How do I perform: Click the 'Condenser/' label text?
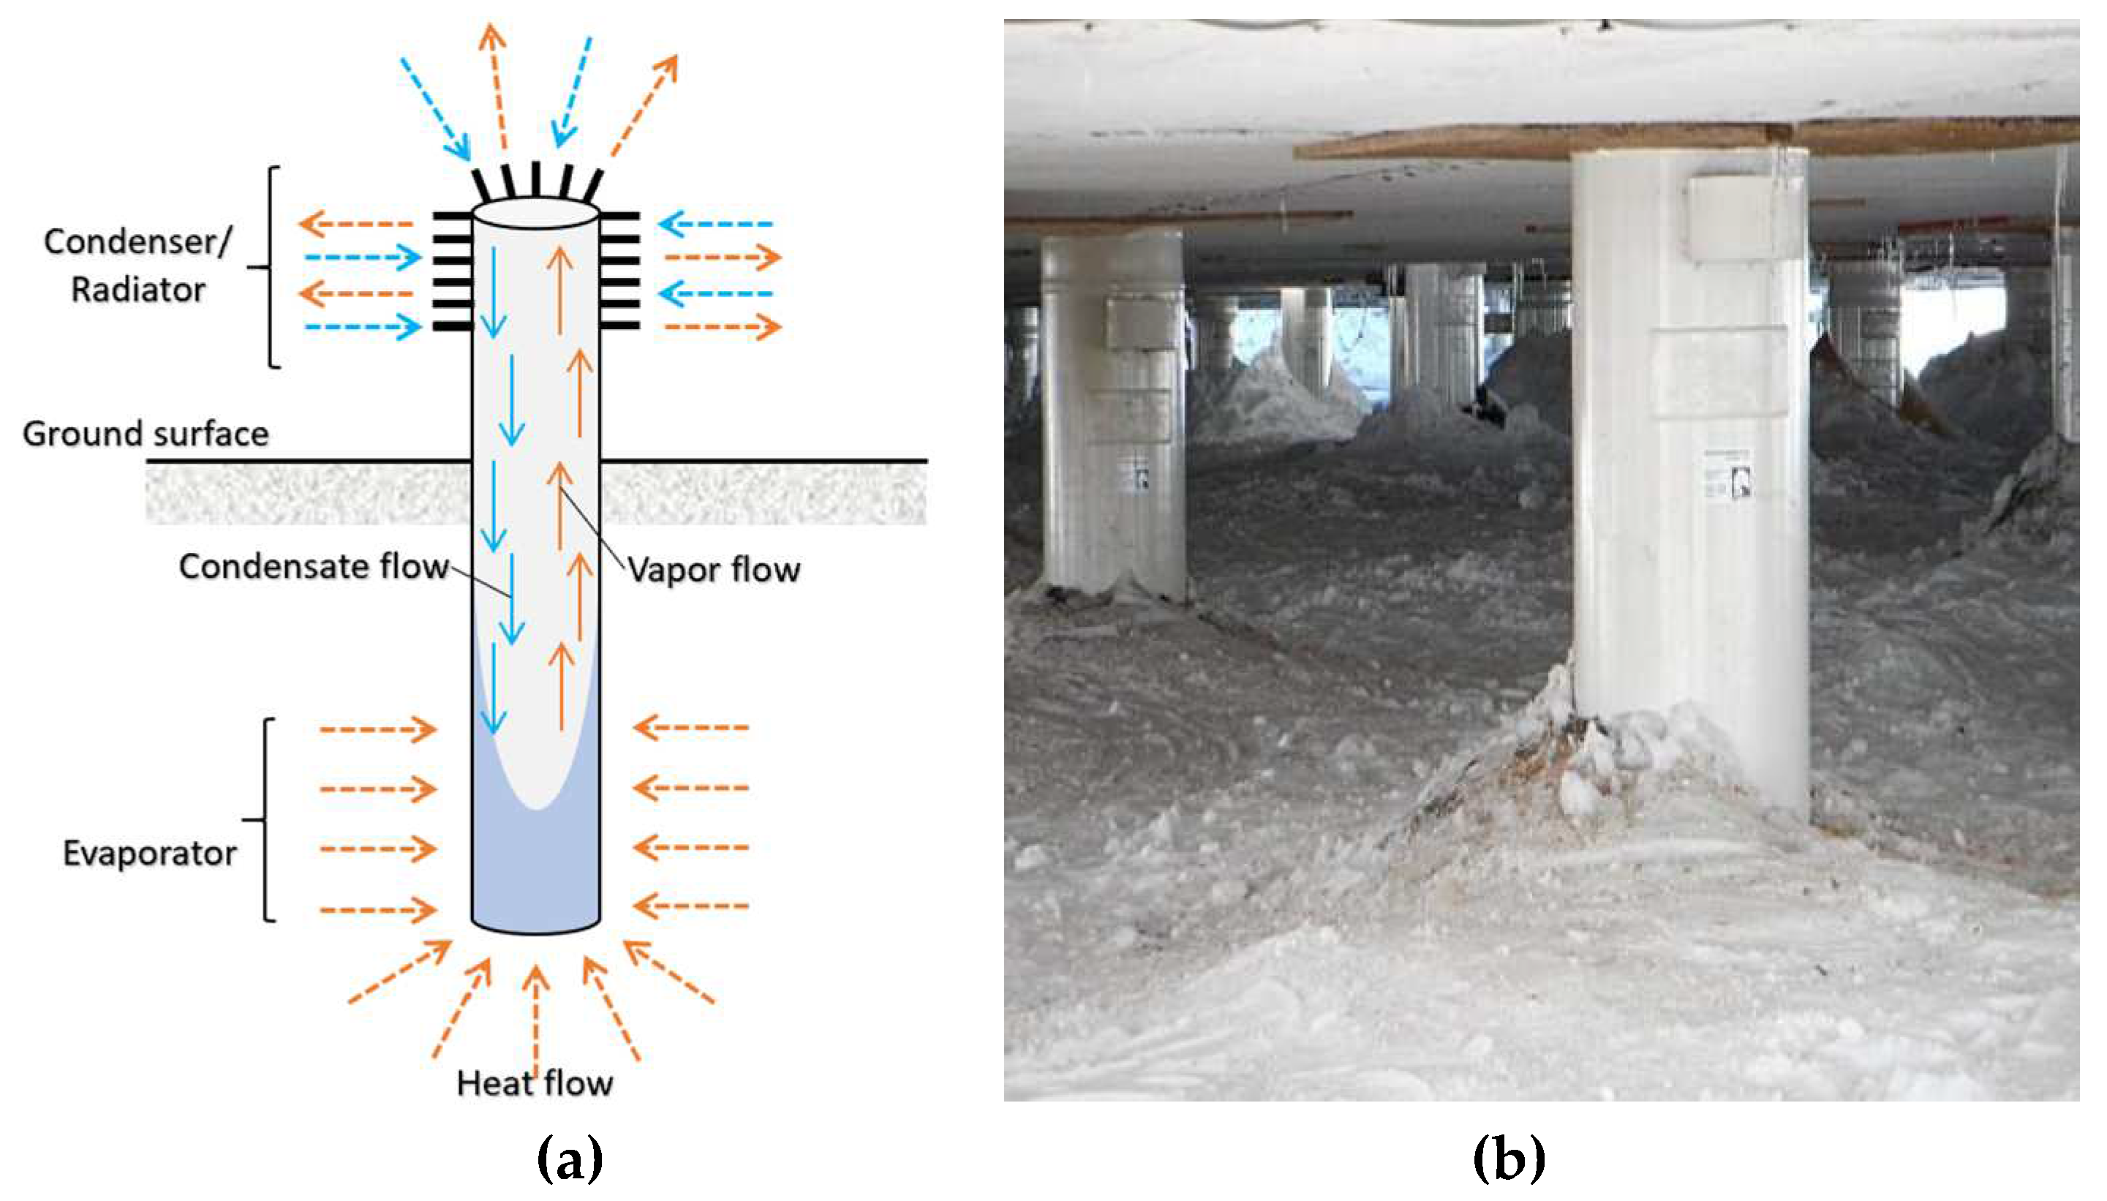click(137, 241)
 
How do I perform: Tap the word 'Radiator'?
click(137, 290)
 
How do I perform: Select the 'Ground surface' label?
click(145, 434)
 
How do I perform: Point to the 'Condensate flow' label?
click(313, 567)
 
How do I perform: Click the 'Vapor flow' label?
click(713, 570)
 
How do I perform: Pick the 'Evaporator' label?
click(149, 853)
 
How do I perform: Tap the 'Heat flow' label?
click(535, 1083)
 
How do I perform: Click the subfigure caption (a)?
click(569, 1158)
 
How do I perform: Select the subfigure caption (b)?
click(1508, 1158)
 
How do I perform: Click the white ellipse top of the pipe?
click(535, 213)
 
